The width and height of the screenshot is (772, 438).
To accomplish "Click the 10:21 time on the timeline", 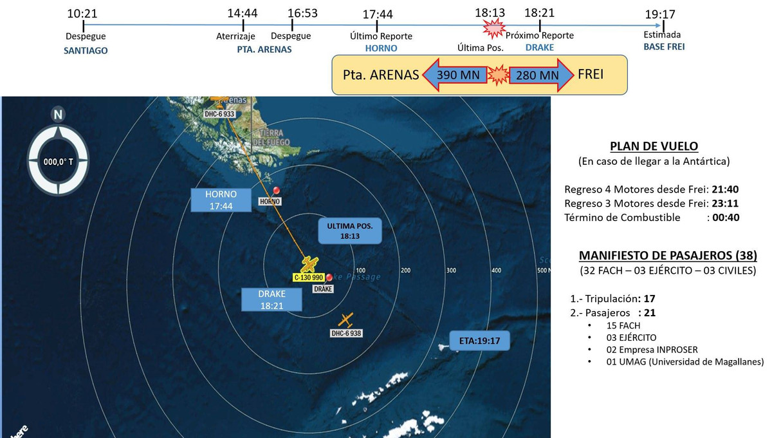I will [85, 12].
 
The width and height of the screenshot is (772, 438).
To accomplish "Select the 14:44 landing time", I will [243, 12].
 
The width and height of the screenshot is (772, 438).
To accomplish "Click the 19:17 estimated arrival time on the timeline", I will [663, 14].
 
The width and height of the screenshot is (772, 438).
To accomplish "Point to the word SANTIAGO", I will [85, 51].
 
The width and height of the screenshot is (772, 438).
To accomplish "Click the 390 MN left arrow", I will [454, 75].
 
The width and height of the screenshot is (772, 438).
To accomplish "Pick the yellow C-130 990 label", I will [308, 278].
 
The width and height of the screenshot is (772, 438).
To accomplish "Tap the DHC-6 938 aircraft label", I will [347, 334].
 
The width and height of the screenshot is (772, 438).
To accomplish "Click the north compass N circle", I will [59, 115].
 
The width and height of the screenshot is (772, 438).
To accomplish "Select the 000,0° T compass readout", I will [59, 162].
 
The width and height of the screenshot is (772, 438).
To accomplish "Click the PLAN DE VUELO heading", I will [654, 146].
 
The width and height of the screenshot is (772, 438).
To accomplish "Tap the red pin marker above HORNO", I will [277, 191].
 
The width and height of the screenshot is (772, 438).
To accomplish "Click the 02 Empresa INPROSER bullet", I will [652, 350].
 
